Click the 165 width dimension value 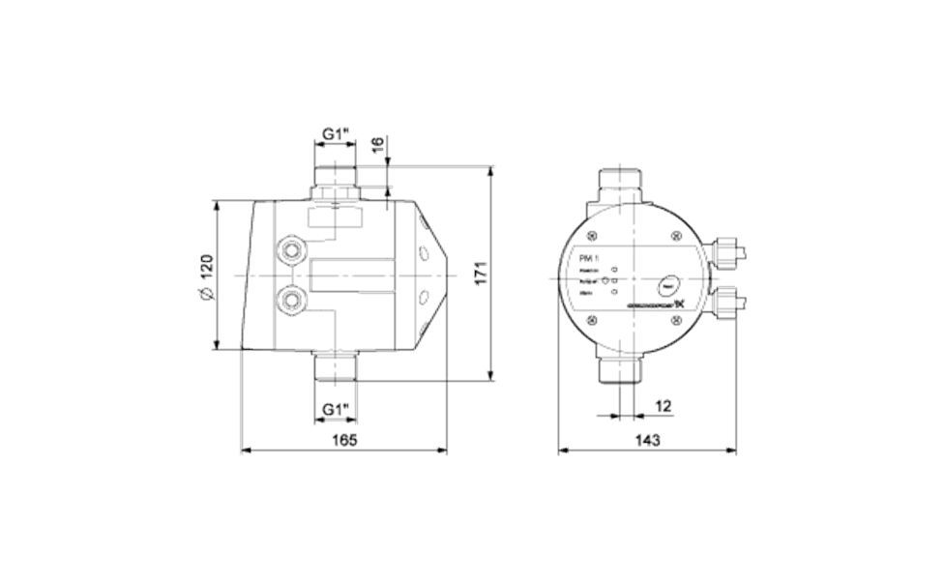coord(343,440)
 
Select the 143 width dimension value coord(647,440)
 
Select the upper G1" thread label coord(334,135)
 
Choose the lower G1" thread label coord(334,409)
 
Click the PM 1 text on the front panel coord(589,257)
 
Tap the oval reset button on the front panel coord(665,286)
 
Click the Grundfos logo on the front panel coord(657,308)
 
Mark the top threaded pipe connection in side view coord(335,180)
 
